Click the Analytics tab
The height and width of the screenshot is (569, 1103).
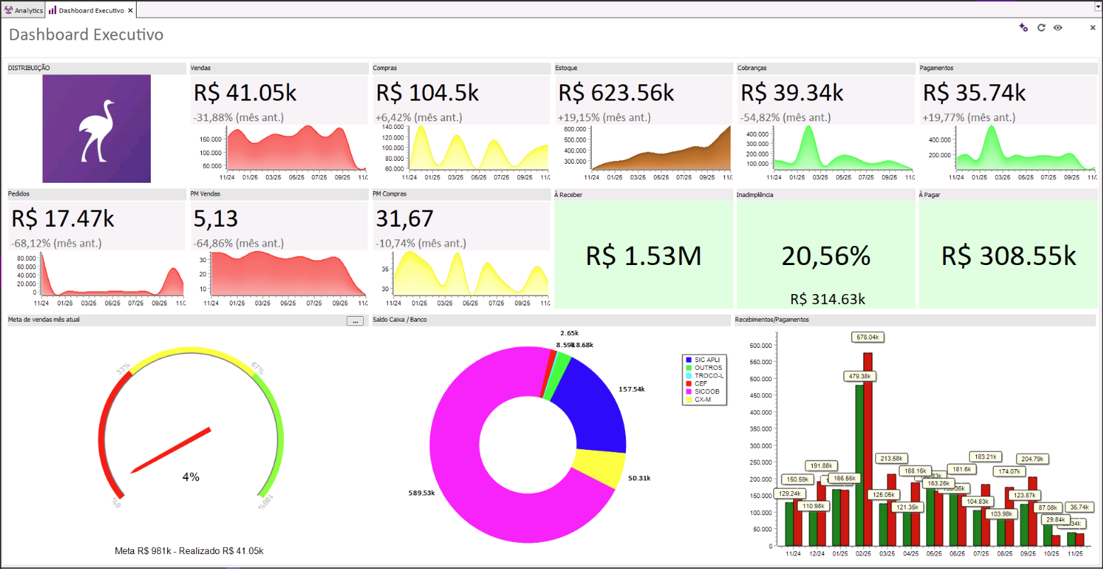[24, 11]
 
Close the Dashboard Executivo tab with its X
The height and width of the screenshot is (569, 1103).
[130, 11]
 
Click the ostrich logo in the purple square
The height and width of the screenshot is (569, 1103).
[97, 129]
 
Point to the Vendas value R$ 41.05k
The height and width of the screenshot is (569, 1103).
[246, 93]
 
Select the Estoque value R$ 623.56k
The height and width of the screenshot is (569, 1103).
[616, 93]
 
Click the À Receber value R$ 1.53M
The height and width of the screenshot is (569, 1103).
[643, 256]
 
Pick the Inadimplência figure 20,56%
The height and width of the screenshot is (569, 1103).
[825, 256]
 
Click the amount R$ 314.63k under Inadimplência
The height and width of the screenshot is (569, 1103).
[827, 299]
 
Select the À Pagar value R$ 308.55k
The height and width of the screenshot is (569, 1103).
[1008, 256]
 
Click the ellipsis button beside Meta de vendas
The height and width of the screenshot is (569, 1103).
[355, 321]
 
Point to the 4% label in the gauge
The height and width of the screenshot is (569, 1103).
[191, 478]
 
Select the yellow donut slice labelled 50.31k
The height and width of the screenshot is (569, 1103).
[598, 468]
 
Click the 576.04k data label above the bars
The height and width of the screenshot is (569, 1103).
[868, 337]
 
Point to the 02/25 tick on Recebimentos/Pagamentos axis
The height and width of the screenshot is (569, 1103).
[863, 553]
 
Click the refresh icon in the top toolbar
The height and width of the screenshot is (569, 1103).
[1041, 28]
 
